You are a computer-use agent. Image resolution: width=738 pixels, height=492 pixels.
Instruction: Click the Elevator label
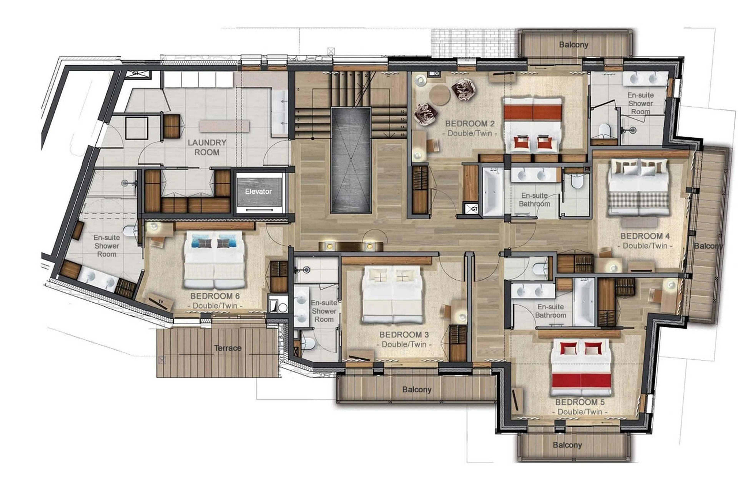click(x=258, y=191)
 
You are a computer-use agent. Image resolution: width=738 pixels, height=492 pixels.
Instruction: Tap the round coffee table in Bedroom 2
click(x=439, y=95)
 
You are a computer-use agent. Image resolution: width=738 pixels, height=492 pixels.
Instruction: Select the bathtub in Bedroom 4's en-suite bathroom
click(x=492, y=192)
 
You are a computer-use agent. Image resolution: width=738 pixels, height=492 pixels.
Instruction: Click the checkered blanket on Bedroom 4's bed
click(x=639, y=200)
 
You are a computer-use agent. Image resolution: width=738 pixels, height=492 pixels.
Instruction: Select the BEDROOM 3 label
click(x=404, y=335)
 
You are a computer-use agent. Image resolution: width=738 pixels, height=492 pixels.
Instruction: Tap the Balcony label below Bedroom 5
click(x=567, y=445)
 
